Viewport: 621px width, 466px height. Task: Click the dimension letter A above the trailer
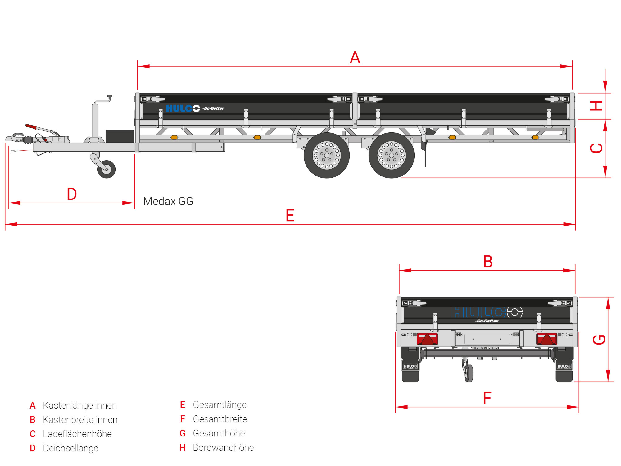point(355,58)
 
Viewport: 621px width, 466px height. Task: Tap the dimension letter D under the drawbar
point(72,194)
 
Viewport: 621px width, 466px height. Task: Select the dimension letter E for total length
point(290,215)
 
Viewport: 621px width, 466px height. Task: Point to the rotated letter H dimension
point(596,106)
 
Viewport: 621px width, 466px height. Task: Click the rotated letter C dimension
point(596,148)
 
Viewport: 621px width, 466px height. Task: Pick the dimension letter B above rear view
point(488,262)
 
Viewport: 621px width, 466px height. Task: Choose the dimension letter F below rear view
point(487,398)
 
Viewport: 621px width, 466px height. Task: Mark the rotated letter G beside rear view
point(599,340)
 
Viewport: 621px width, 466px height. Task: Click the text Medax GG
point(168,201)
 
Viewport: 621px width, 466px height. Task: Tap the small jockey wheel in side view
point(107,169)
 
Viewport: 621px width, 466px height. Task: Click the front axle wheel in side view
point(327,155)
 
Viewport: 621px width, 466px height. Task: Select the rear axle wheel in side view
point(391,155)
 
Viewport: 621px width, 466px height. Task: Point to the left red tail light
point(427,339)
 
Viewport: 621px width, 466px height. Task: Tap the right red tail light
point(546,339)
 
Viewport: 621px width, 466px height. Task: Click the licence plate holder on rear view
point(487,339)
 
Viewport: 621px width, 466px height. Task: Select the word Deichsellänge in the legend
point(70,448)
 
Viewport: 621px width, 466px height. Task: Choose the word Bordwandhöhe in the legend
point(223,448)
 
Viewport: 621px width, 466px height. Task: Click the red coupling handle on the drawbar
point(31,127)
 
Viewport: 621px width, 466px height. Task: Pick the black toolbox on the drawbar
point(120,136)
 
